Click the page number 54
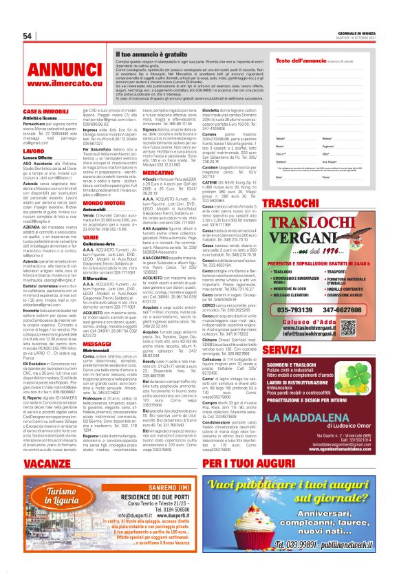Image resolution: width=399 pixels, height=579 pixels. tap(28, 36)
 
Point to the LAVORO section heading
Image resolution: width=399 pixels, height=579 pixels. tap(34, 151)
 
